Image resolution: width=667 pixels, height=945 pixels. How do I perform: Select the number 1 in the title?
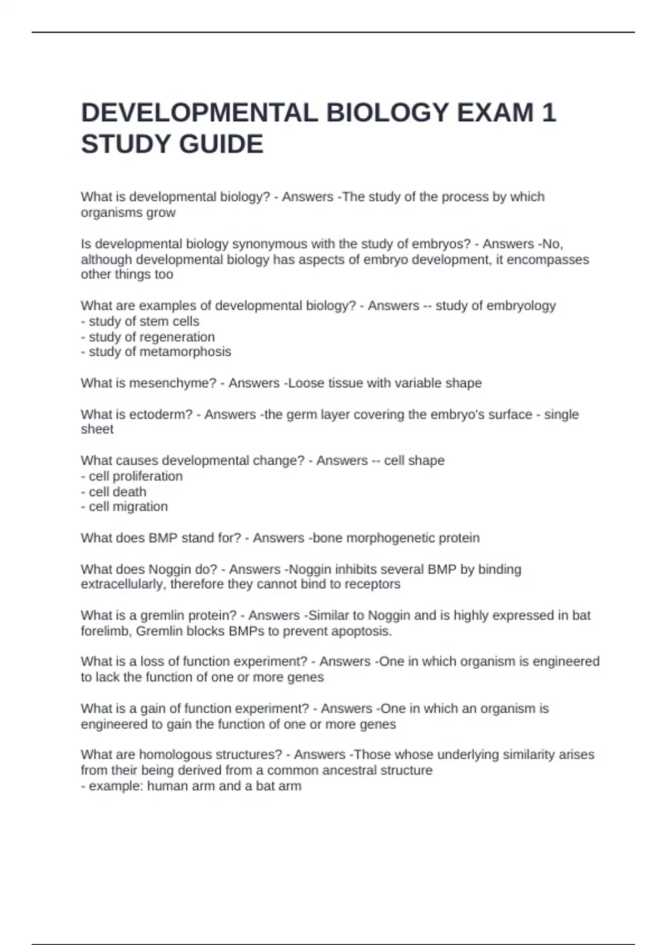coord(548,113)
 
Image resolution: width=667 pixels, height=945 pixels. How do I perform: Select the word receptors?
coord(372,584)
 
